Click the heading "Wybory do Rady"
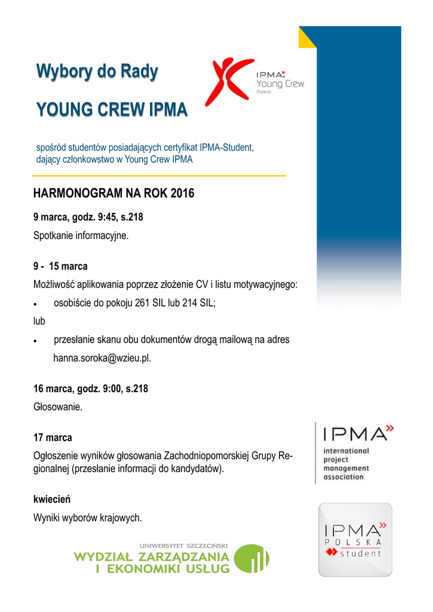point(97,72)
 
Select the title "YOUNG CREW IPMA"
point(112,110)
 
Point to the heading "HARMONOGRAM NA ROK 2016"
point(113,194)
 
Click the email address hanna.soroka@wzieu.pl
point(102,359)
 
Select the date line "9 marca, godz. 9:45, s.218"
point(88,217)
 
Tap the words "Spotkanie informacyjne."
point(81,235)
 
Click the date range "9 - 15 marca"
point(60,266)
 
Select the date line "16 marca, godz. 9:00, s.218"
point(90,389)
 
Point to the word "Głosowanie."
point(57,408)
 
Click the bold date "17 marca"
point(53,438)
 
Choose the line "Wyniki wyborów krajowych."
point(87,518)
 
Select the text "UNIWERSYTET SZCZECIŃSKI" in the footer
point(184,546)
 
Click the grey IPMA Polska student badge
point(355,540)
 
